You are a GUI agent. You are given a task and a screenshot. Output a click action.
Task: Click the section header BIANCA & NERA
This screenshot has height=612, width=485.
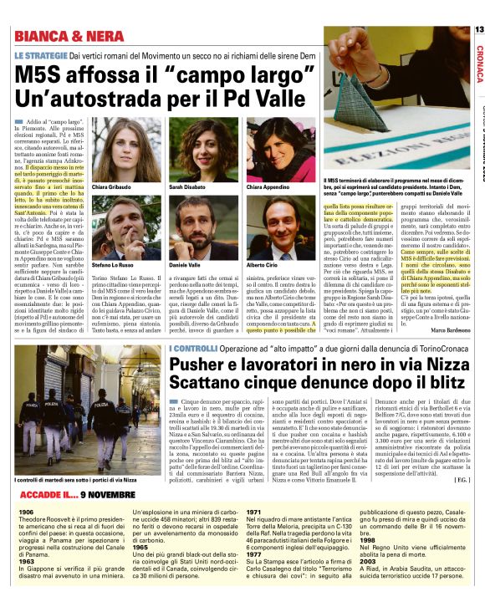point(62,36)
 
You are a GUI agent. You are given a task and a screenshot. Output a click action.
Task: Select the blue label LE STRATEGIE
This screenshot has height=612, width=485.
point(40,55)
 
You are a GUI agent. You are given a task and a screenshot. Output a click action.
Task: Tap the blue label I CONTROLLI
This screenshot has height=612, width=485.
point(194,348)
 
